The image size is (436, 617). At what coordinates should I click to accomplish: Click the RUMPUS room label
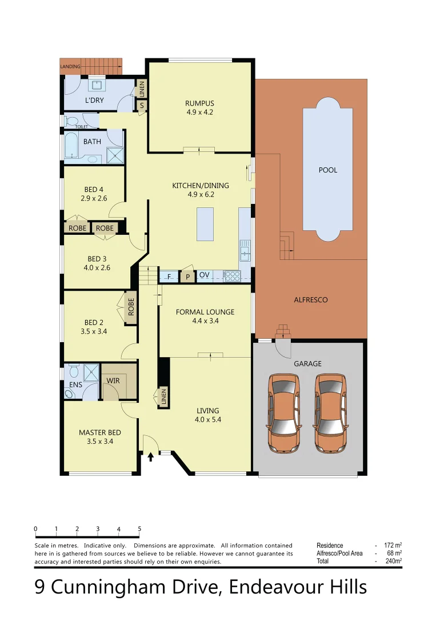point(199,103)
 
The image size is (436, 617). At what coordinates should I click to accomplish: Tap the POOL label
point(327,170)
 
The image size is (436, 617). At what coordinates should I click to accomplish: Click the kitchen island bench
point(205,225)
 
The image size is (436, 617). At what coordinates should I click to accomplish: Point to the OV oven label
point(204,275)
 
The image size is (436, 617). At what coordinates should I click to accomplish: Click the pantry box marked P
point(187,277)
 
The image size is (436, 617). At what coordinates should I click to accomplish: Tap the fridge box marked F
point(169,277)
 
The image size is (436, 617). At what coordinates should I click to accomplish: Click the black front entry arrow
point(151,456)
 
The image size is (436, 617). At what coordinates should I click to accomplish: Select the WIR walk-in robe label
point(113,380)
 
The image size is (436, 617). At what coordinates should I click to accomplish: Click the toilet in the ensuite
point(70,394)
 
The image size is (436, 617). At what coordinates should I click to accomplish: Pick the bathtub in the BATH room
point(71,146)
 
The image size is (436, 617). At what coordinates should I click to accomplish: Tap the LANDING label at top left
point(70,67)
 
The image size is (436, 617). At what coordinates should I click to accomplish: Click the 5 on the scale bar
point(139,529)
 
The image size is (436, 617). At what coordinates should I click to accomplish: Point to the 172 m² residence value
point(392,545)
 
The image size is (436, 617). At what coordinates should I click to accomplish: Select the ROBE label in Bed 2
point(131,307)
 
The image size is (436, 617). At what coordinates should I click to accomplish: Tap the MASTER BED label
point(99,432)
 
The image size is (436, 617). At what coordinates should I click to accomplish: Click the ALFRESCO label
point(310,300)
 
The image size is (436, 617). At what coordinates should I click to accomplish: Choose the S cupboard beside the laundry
point(141,106)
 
